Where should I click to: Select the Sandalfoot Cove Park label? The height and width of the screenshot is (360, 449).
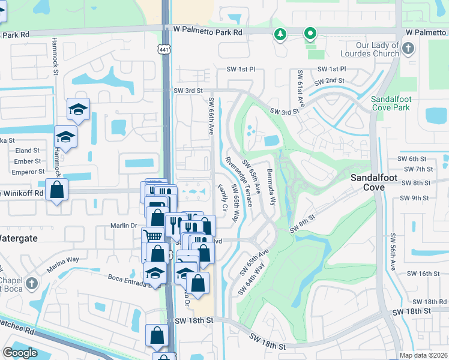tap(390, 103)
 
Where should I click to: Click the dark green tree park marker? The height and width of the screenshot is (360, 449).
tap(280, 35)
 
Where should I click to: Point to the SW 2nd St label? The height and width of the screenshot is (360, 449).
tap(327, 80)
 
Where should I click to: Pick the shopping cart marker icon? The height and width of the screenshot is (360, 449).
tap(152, 236)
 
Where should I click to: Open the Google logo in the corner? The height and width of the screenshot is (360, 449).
tap(20, 353)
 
